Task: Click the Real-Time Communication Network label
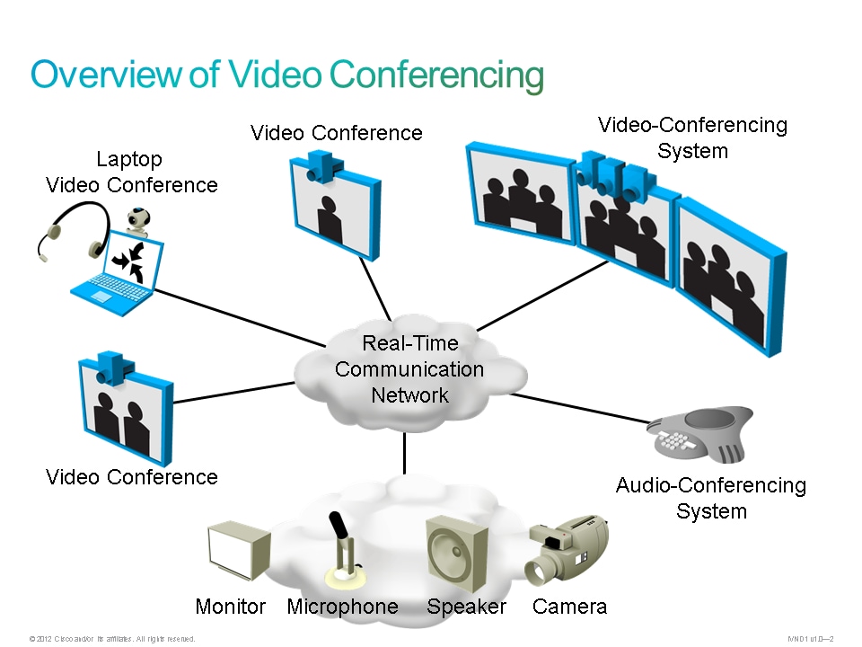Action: click(x=409, y=369)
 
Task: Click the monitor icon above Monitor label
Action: click(x=237, y=549)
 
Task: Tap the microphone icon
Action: click(x=342, y=549)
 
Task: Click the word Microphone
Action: click(x=342, y=607)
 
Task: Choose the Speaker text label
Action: click(x=466, y=607)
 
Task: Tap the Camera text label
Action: click(x=569, y=607)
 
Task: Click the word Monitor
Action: click(x=231, y=607)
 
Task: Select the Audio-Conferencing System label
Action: click(x=710, y=499)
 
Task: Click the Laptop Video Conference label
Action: click(x=131, y=173)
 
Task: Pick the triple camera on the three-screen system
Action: click(x=614, y=176)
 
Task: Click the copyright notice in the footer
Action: click(x=112, y=639)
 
